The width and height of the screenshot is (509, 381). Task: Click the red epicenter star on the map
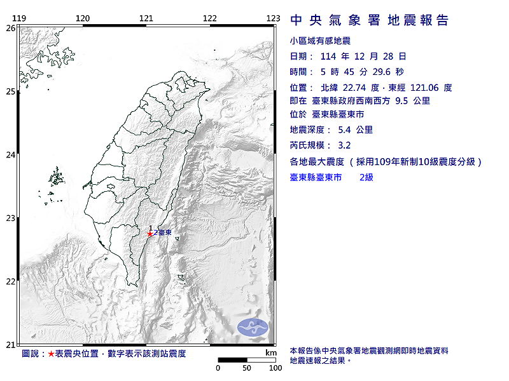(x=150, y=234)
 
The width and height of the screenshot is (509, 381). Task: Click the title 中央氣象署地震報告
(x=370, y=20)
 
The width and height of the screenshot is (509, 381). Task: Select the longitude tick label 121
(x=146, y=18)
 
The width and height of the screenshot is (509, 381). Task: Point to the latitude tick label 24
(x=10, y=155)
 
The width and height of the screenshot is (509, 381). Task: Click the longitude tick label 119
(x=19, y=18)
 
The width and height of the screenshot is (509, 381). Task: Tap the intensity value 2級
(x=366, y=177)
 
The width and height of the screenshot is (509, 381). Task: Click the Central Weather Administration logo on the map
(x=253, y=327)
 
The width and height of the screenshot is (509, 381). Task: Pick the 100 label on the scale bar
(x=275, y=368)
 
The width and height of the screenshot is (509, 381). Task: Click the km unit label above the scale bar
(x=271, y=352)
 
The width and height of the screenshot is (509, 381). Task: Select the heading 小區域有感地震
(x=320, y=41)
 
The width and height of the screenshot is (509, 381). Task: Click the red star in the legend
(x=52, y=353)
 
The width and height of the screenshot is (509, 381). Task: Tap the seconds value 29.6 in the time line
(x=387, y=72)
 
